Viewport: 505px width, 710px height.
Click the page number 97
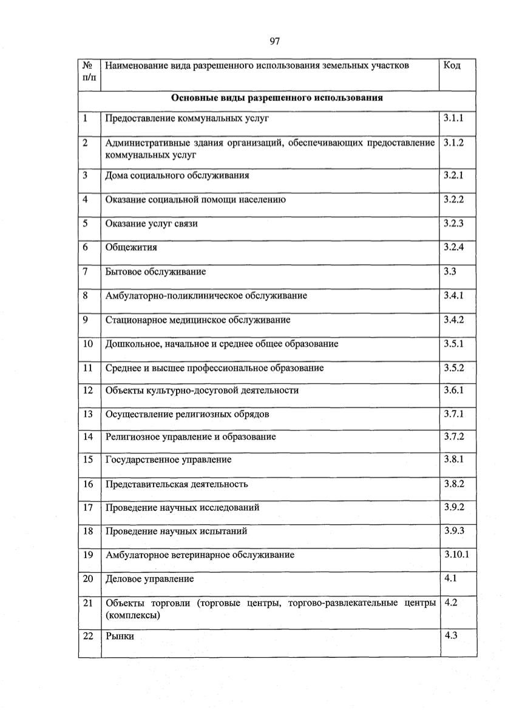click(274, 41)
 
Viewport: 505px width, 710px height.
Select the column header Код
click(452, 65)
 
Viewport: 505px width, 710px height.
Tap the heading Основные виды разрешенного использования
click(277, 98)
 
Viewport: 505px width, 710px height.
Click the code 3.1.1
click(453, 118)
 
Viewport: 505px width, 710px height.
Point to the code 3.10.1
click(456, 555)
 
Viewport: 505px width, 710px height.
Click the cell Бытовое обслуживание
click(155, 271)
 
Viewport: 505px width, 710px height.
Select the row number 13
click(88, 414)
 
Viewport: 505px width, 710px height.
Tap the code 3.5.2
click(453, 367)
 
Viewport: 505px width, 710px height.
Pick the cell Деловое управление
click(150, 579)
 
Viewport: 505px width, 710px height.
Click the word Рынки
click(120, 637)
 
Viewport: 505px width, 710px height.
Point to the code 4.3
click(450, 635)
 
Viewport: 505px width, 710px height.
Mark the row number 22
click(88, 635)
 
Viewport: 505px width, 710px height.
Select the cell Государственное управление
click(168, 460)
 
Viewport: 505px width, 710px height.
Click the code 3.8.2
click(453, 483)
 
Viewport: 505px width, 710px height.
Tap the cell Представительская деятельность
click(177, 484)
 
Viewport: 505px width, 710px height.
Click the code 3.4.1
click(453, 295)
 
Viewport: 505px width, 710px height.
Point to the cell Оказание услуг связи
click(151, 224)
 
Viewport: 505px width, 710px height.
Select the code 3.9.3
click(453, 530)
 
